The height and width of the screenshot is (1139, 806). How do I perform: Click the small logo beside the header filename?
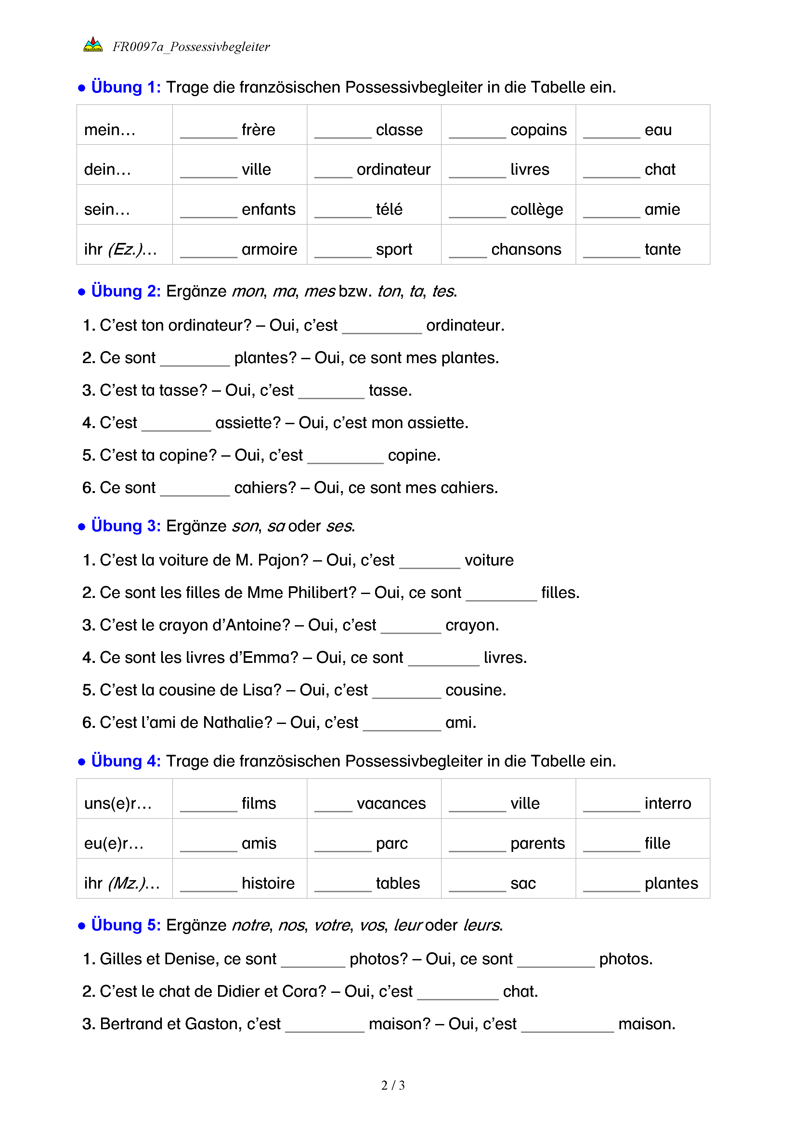pos(93,44)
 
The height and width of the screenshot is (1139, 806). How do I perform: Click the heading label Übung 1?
pos(125,87)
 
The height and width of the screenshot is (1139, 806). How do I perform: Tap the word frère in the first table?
pos(258,130)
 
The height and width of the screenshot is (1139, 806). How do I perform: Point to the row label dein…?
pos(107,170)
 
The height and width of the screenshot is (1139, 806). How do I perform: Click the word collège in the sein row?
pos(537,210)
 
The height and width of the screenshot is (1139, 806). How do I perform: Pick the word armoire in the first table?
pos(269,249)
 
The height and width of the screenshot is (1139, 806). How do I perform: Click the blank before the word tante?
pos(611,254)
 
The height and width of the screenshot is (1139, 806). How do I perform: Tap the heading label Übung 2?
pos(125,291)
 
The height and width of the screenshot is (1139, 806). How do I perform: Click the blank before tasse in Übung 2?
pos(331,395)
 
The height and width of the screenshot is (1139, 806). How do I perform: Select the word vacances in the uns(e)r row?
pos(391,804)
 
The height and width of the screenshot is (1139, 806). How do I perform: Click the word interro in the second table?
pos(668,804)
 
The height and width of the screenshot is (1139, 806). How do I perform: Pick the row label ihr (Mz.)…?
pos(122,883)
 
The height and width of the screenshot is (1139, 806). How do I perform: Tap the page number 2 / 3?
pos(393,1085)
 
